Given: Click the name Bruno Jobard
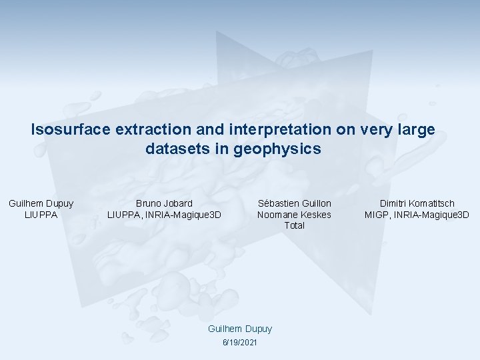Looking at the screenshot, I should pyautogui.click(x=164, y=203).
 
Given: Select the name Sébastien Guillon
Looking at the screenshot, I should pyautogui.click(x=294, y=203).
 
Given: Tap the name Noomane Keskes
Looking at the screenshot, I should pyautogui.click(x=294, y=214).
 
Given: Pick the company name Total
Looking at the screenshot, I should pyautogui.click(x=294, y=225).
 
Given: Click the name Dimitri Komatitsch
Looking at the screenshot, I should pyautogui.click(x=417, y=203).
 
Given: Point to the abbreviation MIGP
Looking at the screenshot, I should pyautogui.click(x=377, y=214).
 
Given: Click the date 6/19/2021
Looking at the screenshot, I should pyautogui.click(x=239, y=342).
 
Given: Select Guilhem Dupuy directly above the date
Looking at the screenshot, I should pyautogui.click(x=240, y=329).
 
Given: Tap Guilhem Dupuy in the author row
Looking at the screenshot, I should pyautogui.click(x=41, y=203).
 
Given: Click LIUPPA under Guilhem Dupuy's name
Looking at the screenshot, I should pyautogui.click(x=41, y=214).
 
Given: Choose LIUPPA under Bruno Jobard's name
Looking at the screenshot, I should pyautogui.click(x=123, y=214).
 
